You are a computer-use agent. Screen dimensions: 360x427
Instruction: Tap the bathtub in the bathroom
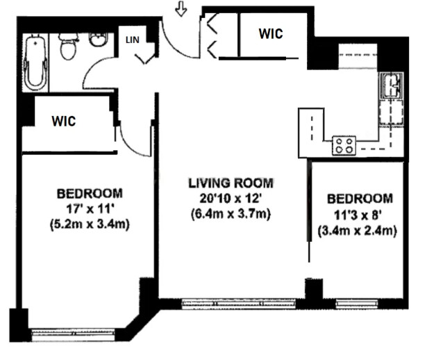click(35, 63)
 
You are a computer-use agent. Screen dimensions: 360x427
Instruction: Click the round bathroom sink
click(98, 39)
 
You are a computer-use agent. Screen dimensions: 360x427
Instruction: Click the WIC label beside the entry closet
click(271, 33)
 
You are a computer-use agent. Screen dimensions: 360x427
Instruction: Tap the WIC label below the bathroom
click(65, 120)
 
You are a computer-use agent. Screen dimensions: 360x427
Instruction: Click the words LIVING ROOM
click(231, 183)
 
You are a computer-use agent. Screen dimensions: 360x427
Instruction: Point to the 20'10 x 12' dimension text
click(231, 199)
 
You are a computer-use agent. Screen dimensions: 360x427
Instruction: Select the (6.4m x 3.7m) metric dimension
click(231, 215)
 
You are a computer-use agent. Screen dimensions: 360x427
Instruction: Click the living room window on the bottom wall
click(238, 303)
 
